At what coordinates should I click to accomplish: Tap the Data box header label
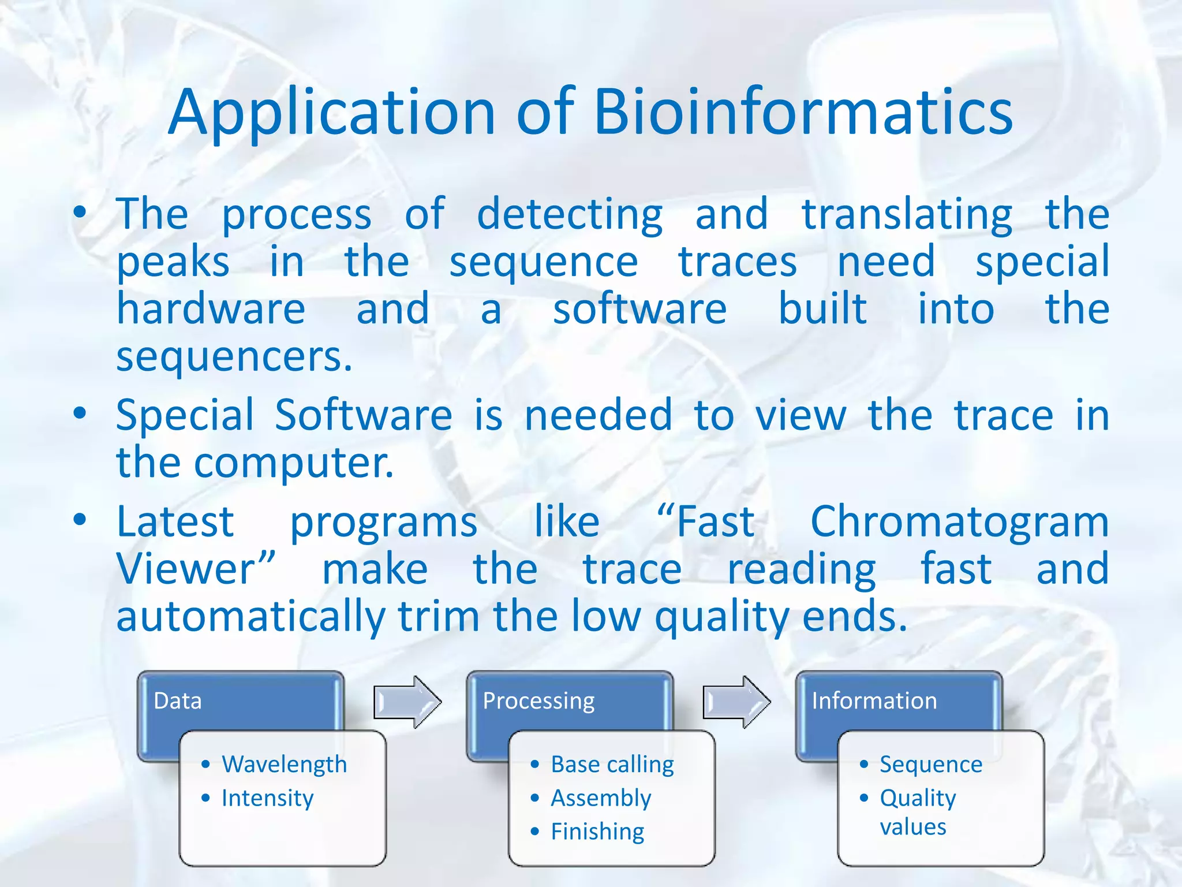tap(178, 700)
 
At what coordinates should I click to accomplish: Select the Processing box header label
tap(538, 700)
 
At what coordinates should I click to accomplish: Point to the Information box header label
tap(874, 700)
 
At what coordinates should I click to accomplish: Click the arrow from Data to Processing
tap(407, 702)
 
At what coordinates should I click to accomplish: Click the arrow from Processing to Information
tap(736, 702)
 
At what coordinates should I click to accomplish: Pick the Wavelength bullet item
tap(284, 764)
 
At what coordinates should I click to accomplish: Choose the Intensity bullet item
tap(267, 798)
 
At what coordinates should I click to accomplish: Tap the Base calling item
tap(612, 764)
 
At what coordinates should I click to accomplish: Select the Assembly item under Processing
tap(601, 798)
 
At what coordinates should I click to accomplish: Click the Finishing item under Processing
tap(597, 832)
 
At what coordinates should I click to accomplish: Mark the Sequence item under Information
tap(930, 764)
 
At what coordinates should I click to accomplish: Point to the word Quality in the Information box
tap(918, 798)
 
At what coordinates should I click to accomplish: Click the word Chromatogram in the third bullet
tap(959, 521)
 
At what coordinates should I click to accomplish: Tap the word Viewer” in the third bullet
tap(196, 569)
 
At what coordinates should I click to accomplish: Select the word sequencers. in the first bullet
tap(234, 357)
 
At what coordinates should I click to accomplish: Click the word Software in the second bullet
tap(363, 415)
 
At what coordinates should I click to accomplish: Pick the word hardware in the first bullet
tap(211, 309)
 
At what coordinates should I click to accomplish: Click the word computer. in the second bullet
tap(293, 463)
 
